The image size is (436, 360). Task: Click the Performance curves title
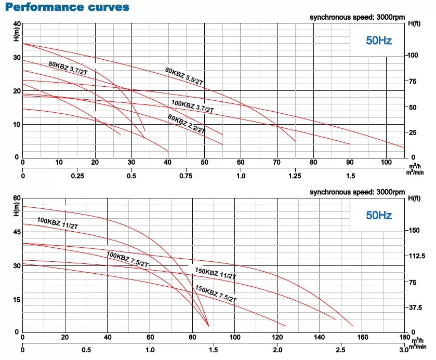(x=65, y=8)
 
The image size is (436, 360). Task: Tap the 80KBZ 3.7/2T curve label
(x=68, y=69)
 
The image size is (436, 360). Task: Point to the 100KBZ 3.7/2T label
(x=192, y=106)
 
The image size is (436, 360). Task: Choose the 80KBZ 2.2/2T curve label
(x=187, y=124)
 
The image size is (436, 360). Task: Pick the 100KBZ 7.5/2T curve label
(x=127, y=258)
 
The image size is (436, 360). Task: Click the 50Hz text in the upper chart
(x=378, y=41)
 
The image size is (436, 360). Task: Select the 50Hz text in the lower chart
(x=379, y=215)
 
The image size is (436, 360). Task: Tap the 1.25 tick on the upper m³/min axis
(x=295, y=176)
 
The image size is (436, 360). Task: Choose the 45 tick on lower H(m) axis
(x=16, y=232)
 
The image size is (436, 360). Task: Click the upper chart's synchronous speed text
(x=357, y=18)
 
